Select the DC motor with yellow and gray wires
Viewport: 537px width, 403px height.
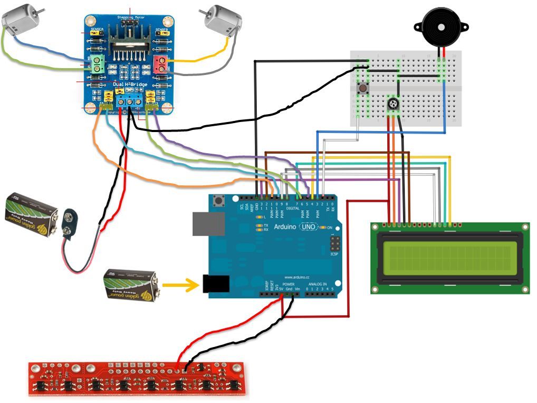point(223,20)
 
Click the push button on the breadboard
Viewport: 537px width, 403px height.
point(363,88)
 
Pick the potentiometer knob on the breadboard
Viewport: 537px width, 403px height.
point(393,104)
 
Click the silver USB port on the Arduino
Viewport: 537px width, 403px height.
point(207,224)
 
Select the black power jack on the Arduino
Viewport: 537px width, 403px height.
point(215,284)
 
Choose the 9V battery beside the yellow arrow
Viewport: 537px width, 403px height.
point(130,285)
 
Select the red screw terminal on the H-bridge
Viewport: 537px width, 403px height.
point(161,64)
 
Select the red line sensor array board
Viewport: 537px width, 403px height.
point(136,378)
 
